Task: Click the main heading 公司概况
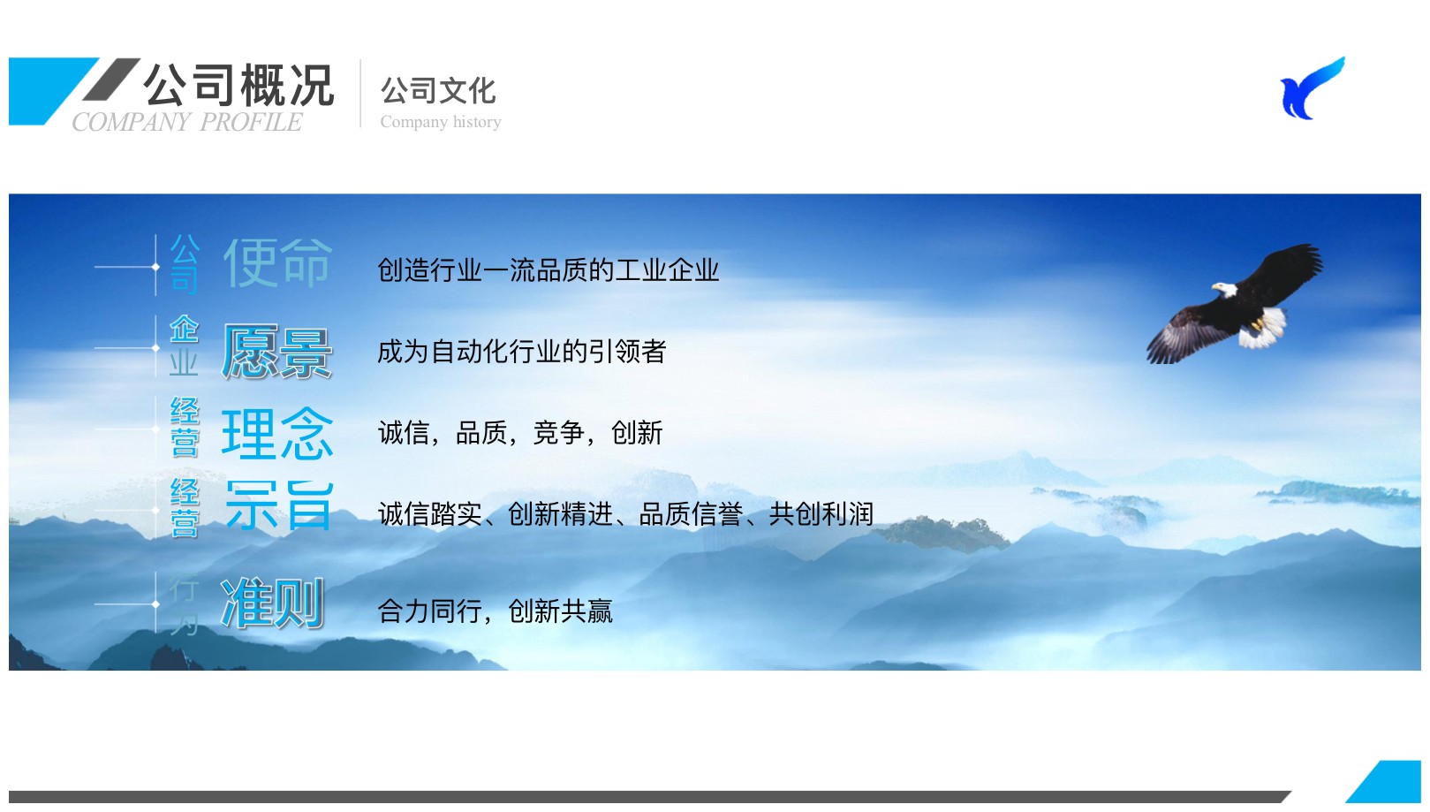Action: click(x=238, y=85)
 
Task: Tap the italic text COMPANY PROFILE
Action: click(x=186, y=122)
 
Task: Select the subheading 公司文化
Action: click(x=438, y=91)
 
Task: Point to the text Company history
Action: click(x=441, y=121)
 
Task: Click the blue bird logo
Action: click(x=1312, y=88)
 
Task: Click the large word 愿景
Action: click(x=276, y=351)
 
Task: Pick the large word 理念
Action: click(x=277, y=434)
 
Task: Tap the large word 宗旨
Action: click(x=279, y=506)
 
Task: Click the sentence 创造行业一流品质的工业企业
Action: click(x=549, y=270)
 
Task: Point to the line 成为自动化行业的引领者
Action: click(x=522, y=351)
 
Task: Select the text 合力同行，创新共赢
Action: click(x=495, y=611)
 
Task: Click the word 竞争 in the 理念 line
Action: click(x=558, y=433)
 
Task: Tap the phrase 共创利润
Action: click(x=821, y=514)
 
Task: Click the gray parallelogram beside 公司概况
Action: click(x=111, y=80)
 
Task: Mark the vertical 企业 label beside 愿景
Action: click(x=184, y=345)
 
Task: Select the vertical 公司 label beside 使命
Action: click(x=185, y=263)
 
